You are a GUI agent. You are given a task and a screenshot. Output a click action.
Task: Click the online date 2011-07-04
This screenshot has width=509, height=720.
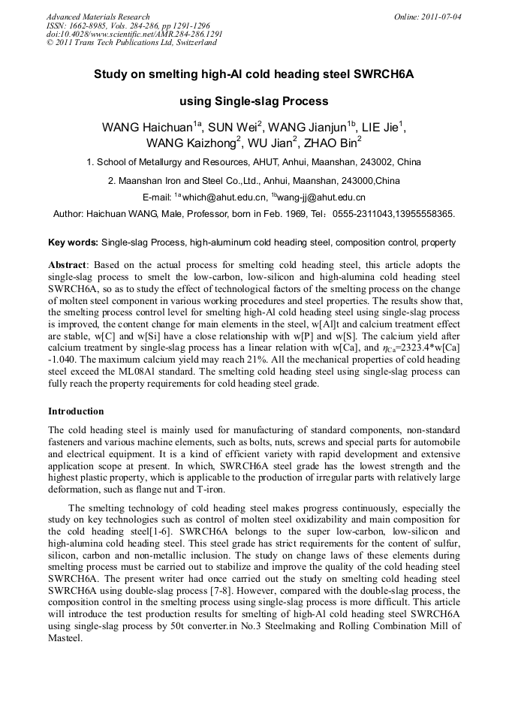[x=441, y=17]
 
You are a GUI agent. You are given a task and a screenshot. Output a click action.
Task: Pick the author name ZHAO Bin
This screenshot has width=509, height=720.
[x=335, y=143]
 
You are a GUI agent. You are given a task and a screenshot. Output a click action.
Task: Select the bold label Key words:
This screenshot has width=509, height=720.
[x=73, y=243]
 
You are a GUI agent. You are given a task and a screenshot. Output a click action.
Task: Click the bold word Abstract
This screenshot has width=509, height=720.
[x=67, y=265]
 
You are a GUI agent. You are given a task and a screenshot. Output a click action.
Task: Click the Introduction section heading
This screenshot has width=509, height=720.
[x=76, y=411]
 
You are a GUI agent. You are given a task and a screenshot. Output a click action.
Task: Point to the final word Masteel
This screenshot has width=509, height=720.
[x=65, y=640]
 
